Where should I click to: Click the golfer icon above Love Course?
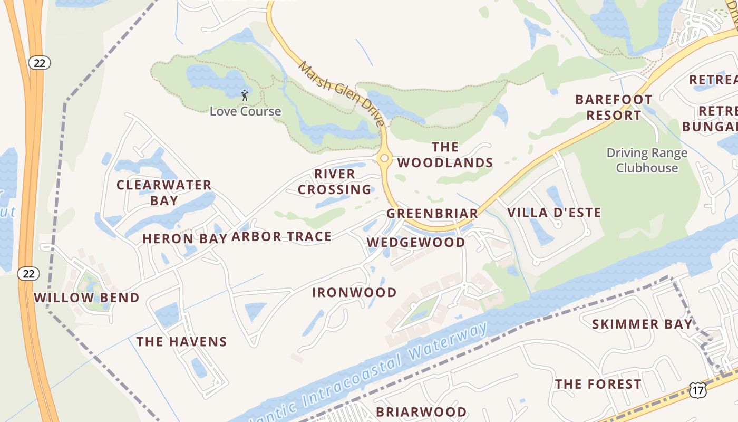point(244,95)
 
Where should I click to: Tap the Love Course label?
point(245,111)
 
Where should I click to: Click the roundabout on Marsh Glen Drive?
point(384,158)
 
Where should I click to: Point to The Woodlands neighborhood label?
point(445,155)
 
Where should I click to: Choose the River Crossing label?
point(335,181)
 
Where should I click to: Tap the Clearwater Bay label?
point(164,193)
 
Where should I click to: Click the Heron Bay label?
point(184,238)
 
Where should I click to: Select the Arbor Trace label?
point(281,237)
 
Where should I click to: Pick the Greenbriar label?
point(432,214)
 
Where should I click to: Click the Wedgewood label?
point(416,242)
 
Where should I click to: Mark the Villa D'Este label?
point(554,213)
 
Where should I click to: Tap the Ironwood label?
point(354,292)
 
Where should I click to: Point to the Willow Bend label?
point(86,298)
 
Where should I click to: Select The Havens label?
point(181,342)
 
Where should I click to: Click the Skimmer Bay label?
point(642,324)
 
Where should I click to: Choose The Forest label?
point(598,384)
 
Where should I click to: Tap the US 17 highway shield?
point(697,390)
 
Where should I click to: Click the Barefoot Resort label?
point(614,107)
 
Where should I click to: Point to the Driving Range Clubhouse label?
point(647,160)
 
